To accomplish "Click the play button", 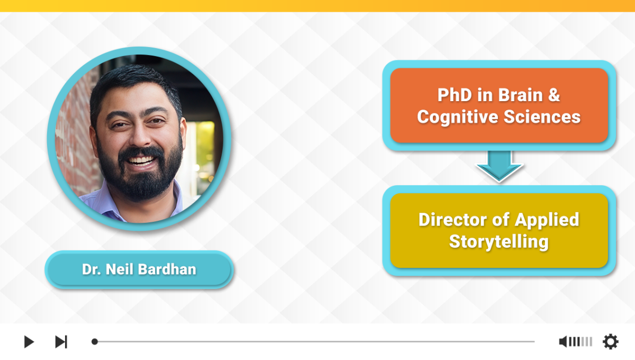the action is point(29,341).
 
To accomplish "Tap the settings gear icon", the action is point(610,341).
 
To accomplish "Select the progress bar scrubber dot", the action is point(95,341).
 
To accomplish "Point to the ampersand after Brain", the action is point(554,95).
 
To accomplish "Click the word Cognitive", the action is point(458,117).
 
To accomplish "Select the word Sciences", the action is point(542,116).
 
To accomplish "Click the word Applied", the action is point(547,220).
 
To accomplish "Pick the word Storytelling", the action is point(499,242).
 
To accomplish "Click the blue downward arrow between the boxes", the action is point(499,166).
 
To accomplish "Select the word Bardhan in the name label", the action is point(167,269).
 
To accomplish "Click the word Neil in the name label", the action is point(120,269).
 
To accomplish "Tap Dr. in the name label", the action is point(91,269).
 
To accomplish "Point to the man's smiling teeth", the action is point(140,160).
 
